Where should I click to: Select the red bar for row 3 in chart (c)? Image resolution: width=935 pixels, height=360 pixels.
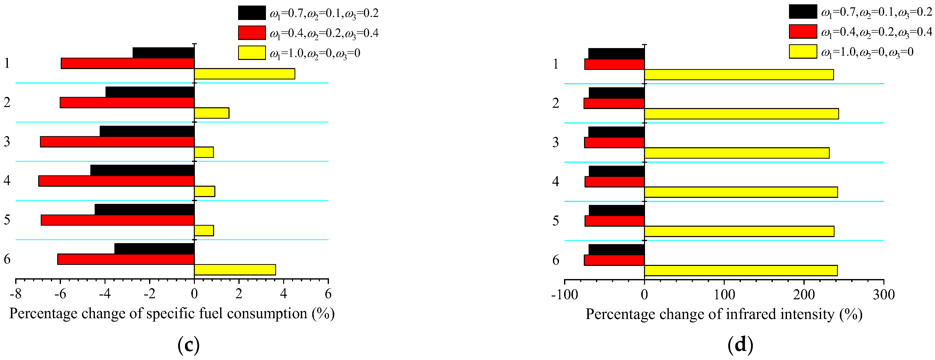coord(117,142)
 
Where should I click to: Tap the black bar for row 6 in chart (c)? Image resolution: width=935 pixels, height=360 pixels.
coord(154,249)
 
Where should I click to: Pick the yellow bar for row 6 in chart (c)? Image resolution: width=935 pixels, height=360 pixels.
coord(235,270)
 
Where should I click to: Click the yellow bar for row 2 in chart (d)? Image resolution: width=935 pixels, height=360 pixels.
coord(741,114)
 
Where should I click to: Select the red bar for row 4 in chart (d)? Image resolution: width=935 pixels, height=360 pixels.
coord(614,182)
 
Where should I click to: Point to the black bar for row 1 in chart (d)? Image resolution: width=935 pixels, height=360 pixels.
coord(616,54)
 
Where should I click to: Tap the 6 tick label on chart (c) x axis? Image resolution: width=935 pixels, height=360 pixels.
coord(328,293)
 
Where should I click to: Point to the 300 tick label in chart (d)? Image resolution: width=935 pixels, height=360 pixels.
coord(883,294)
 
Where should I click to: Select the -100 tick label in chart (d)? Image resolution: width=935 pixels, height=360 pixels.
coord(564,294)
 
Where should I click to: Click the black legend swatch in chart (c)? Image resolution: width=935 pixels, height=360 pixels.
coord(252,13)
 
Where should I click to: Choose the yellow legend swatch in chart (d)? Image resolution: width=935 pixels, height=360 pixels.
coord(803,52)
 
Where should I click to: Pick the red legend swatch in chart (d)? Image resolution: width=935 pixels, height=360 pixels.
coord(803,32)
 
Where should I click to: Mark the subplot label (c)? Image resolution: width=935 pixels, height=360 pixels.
coord(188,345)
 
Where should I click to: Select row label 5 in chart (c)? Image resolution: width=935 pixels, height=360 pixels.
coord(7,220)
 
